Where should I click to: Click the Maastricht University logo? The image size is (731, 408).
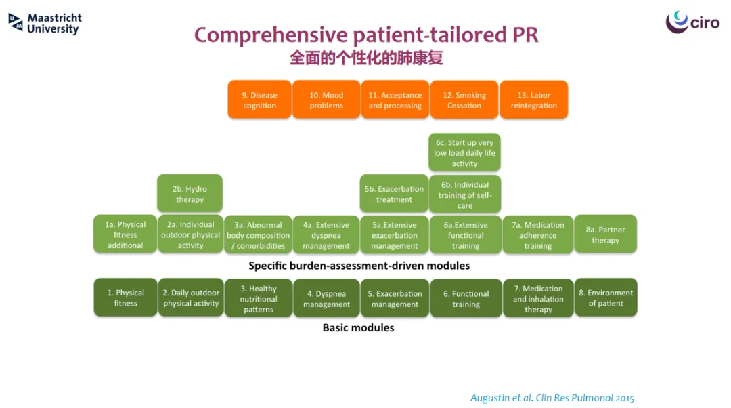[x=45, y=23]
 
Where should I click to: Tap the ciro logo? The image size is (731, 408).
[x=692, y=22]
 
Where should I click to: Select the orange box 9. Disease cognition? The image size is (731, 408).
[x=260, y=100]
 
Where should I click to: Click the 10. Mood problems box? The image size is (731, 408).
[x=326, y=100]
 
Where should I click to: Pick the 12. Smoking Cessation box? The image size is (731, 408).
[x=464, y=100]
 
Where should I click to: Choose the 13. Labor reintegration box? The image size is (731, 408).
[x=534, y=100]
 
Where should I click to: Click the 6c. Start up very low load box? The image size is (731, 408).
[x=464, y=152]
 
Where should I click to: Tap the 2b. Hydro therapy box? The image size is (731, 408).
[x=190, y=194]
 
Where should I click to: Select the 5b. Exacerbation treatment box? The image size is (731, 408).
[x=394, y=194]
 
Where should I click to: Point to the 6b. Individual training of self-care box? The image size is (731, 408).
[x=465, y=195]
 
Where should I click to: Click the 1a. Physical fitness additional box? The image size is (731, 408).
[x=125, y=234]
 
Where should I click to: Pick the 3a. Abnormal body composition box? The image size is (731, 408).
[x=259, y=234]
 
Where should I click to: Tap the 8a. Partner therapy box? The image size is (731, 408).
[x=606, y=234]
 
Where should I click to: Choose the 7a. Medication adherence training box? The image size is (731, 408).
[x=538, y=234]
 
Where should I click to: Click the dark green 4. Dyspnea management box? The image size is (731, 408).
[x=326, y=298]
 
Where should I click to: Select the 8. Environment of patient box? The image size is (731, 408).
[x=606, y=298]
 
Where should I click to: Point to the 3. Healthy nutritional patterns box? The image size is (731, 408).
[x=259, y=298]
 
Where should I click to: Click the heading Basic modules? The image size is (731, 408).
[x=359, y=328]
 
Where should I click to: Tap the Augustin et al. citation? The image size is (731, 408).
[x=552, y=398]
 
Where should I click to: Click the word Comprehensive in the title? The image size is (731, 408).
[x=271, y=35]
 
